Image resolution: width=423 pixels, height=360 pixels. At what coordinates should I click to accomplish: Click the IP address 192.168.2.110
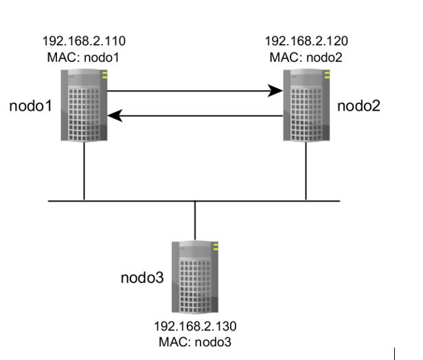(84, 41)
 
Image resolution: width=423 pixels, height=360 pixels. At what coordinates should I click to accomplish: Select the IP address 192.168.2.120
(306, 41)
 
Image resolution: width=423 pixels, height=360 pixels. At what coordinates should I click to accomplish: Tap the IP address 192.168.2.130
(195, 326)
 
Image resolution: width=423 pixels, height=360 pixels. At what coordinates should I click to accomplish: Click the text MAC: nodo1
(83, 58)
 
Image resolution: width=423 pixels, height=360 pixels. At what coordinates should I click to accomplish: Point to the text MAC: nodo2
(306, 58)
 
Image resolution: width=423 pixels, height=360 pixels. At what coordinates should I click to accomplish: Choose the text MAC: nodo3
(195, 342)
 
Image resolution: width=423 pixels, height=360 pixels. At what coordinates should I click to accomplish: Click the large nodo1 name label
(30, 106)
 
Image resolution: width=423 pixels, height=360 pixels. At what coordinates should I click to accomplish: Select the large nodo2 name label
(358, 106)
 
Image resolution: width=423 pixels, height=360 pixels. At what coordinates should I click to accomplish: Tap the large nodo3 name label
(142, 278)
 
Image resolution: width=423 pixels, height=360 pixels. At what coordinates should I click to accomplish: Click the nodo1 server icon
(84, 105)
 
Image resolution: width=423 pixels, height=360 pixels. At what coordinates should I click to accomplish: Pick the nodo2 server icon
(306, 105)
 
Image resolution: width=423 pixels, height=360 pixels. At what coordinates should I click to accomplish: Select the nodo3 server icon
(195, 277)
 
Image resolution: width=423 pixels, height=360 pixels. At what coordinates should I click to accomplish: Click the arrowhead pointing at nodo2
(276, 91)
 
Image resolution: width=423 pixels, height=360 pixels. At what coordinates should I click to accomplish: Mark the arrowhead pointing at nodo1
(115, 116)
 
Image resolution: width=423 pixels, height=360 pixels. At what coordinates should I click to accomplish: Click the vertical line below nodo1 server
(84, 171)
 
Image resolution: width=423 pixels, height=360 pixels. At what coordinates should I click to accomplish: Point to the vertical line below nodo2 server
(306, 171)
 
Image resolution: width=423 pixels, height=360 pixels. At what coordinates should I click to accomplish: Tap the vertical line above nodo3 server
(195, 221)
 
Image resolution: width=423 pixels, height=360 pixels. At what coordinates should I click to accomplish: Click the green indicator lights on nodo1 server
(104, 75)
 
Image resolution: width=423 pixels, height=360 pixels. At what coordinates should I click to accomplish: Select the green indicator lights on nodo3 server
(216, 247)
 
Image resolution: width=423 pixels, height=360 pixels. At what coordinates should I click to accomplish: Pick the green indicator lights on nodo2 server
(327, 75)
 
